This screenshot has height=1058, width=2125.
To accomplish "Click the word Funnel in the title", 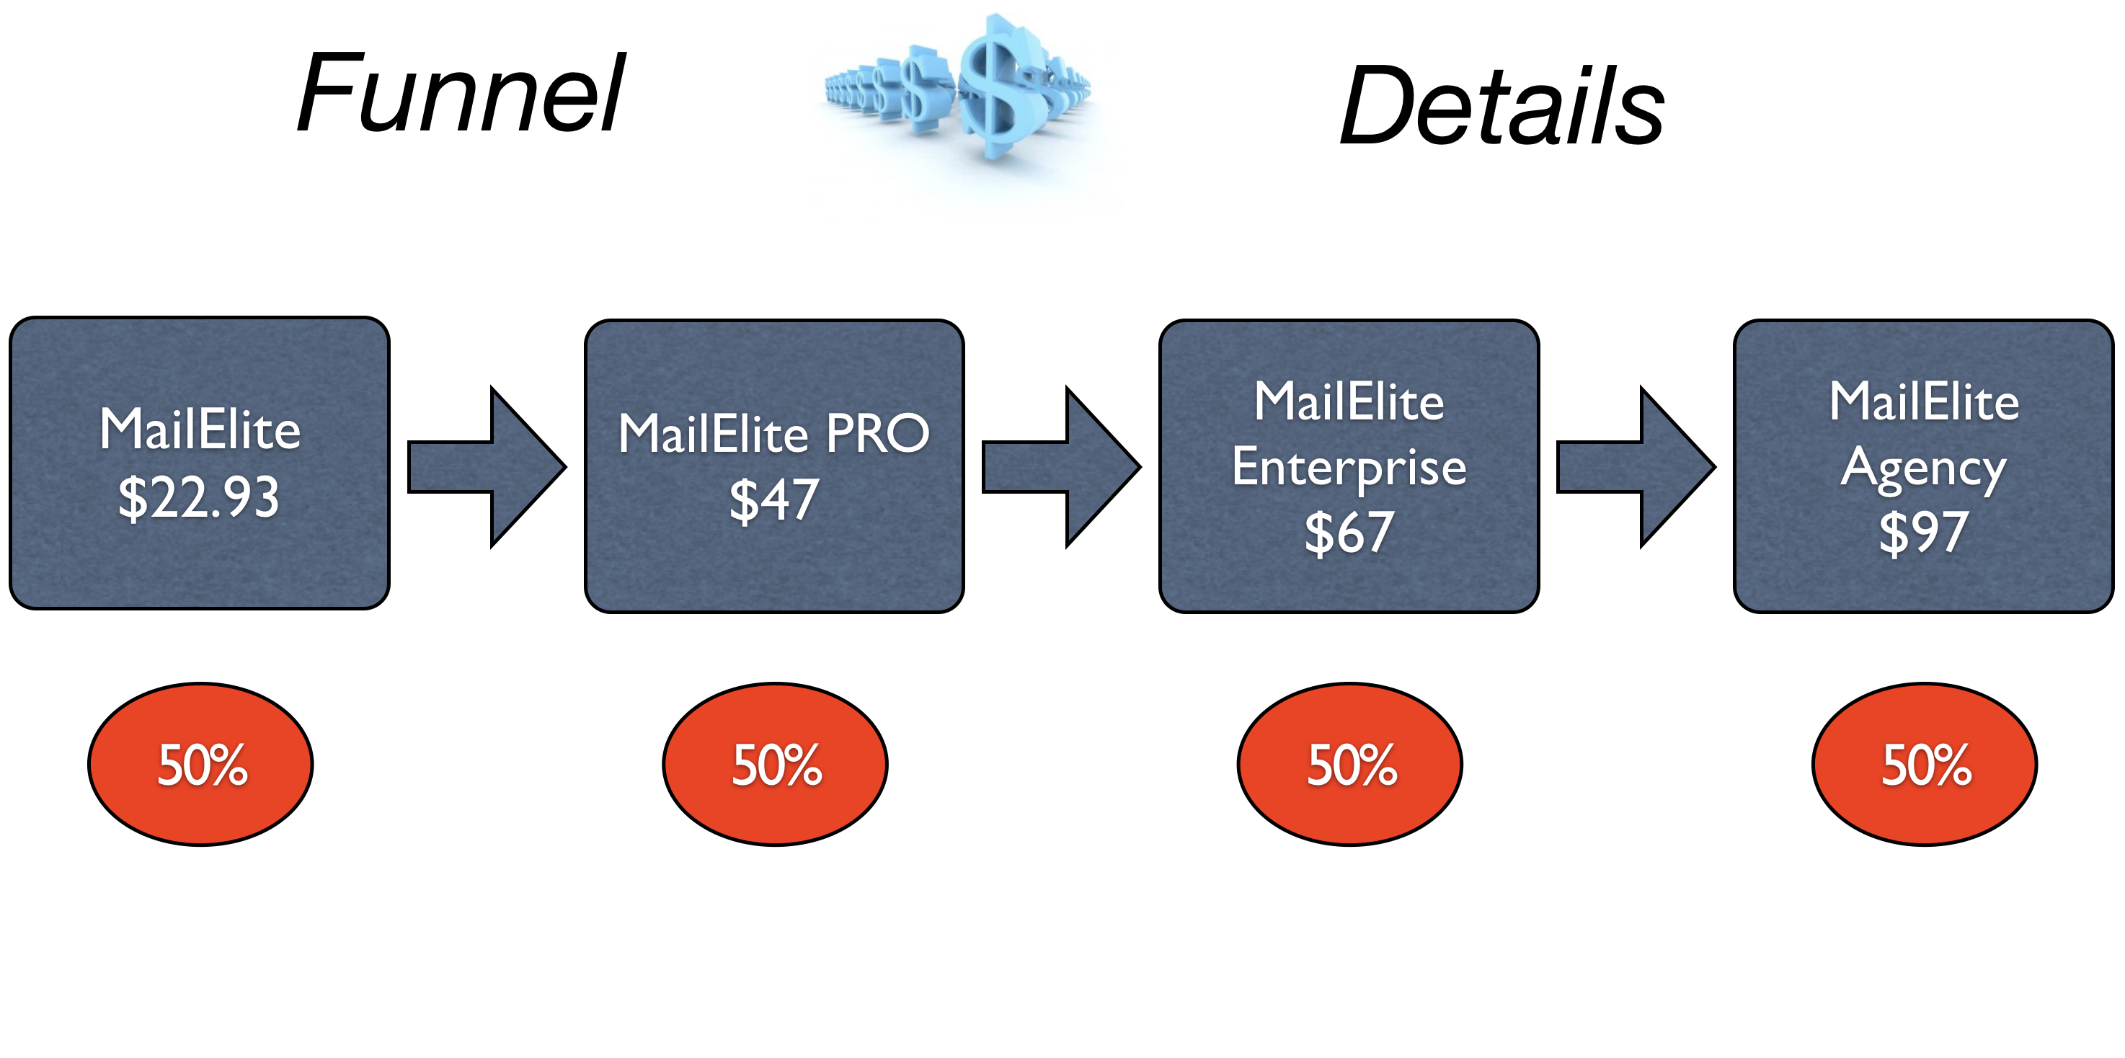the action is pyautogui.click(x=461, y=92).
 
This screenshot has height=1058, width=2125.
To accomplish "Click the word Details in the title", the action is pyautogui.click(x=1502, y=105).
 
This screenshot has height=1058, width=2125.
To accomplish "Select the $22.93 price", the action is pyautogui.click(x=199, y=497).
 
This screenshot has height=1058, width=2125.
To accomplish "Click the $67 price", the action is pyautogui.click(x=1349, y=532).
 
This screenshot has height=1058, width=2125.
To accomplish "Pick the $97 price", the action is pyautogui.click(x=1924, y=532).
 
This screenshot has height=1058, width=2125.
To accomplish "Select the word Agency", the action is pyautogui.click(x=1924, y=469).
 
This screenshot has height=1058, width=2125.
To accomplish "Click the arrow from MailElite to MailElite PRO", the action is pyautogui.click(x=487, y=467).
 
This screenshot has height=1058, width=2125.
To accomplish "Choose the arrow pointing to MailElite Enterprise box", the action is pyautogui.click(x=1061, y=467).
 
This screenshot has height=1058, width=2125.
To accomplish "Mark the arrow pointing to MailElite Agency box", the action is pyautogui.click(x=1636, y=467).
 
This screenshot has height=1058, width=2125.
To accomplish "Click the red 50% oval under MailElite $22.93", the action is pyautogui.click(x=200, y=764).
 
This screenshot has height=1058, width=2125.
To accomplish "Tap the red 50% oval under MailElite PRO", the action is pyautogui.click(x=776, y=764).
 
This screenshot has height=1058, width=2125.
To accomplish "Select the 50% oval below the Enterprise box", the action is pyautogui.click(x=1349, y=764).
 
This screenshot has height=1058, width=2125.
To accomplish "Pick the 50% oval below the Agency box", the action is pyautogui.click(x=1925, y=764).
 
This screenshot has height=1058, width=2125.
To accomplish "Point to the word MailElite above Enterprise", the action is pyautogui.click(x=1349, y=401).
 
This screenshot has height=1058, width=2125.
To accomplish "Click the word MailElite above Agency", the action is pyautogui.click(x=1924, y=401).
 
